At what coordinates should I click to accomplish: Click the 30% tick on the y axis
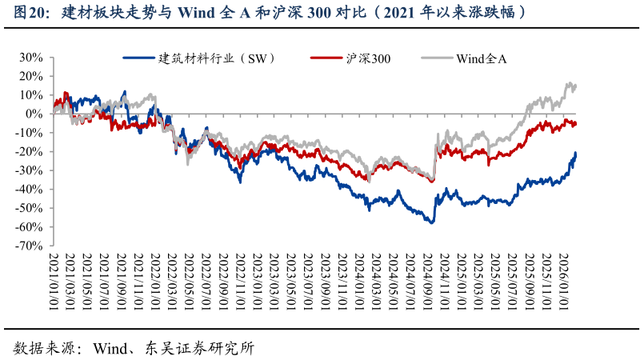pos(30,58)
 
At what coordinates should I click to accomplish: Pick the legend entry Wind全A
pos(481,58)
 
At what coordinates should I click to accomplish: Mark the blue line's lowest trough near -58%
pos(431,222)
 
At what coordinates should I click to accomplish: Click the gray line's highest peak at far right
pos(569,82)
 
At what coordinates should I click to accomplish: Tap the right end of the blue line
pos(575,153)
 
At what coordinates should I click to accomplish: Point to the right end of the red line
pos(576,122)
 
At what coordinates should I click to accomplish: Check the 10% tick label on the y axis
pos(30,95)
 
